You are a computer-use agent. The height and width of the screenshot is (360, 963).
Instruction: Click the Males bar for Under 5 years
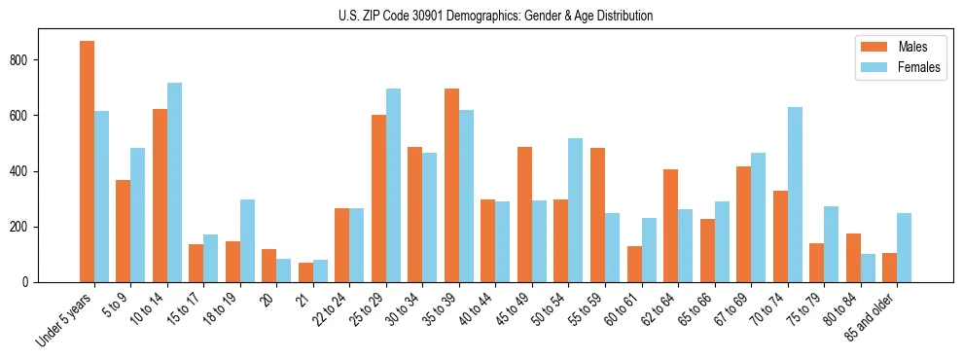(87, 162)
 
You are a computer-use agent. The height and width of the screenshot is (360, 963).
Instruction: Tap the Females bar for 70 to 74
(795, 195)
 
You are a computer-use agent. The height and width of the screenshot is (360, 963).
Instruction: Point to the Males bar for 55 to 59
(597, 215)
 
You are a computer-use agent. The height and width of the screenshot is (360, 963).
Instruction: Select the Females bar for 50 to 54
(576, 210)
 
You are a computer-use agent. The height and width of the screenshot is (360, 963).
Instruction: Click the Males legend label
(912, 47)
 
